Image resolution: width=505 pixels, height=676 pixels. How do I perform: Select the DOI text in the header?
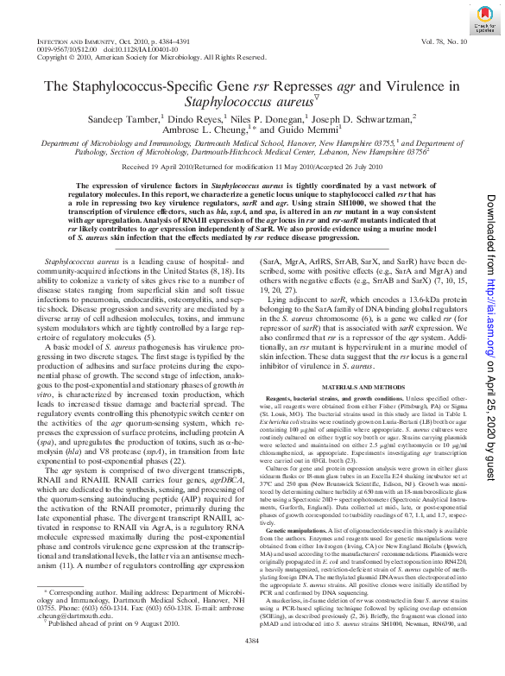[141, 50]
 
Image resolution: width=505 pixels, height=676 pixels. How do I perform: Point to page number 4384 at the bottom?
[251, 663]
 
